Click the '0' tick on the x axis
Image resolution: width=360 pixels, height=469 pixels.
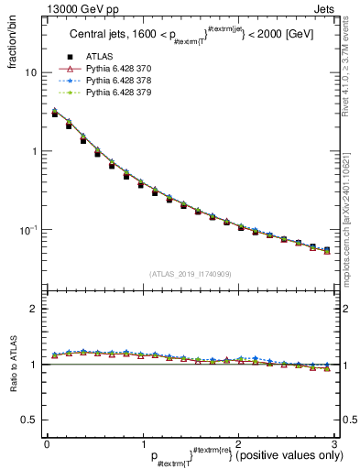pyautogui.click(x=47, y=442)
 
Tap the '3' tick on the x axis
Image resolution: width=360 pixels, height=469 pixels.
pyautogui.click(x=335, y=442)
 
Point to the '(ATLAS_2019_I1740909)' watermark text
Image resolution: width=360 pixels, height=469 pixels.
pyautogui.click(x=191, y=273)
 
